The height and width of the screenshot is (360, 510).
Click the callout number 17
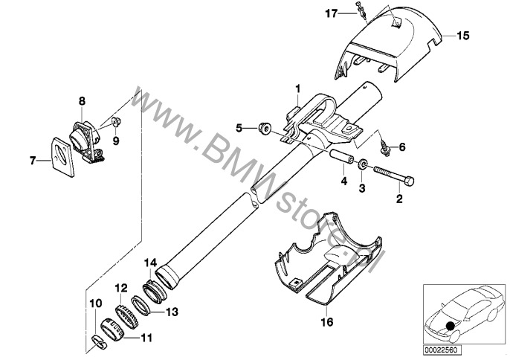332,14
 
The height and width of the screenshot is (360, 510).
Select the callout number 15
463,35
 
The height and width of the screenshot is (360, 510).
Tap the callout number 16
327,322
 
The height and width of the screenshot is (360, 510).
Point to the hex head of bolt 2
410,181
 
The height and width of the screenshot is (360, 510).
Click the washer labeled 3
361,164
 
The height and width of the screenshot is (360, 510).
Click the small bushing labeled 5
265,128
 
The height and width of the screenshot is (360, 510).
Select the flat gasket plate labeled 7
63,157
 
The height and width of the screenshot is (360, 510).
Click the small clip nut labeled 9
115,122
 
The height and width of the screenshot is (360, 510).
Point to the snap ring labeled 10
99,343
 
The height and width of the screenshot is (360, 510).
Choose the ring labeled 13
141,305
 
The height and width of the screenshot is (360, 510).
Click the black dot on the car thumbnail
451,326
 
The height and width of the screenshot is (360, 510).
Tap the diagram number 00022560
442,350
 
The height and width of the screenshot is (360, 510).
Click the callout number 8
82,101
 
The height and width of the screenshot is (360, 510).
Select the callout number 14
151,263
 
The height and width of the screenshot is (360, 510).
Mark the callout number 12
121,288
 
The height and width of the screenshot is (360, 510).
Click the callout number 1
298,89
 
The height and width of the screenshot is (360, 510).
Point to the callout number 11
146,338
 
